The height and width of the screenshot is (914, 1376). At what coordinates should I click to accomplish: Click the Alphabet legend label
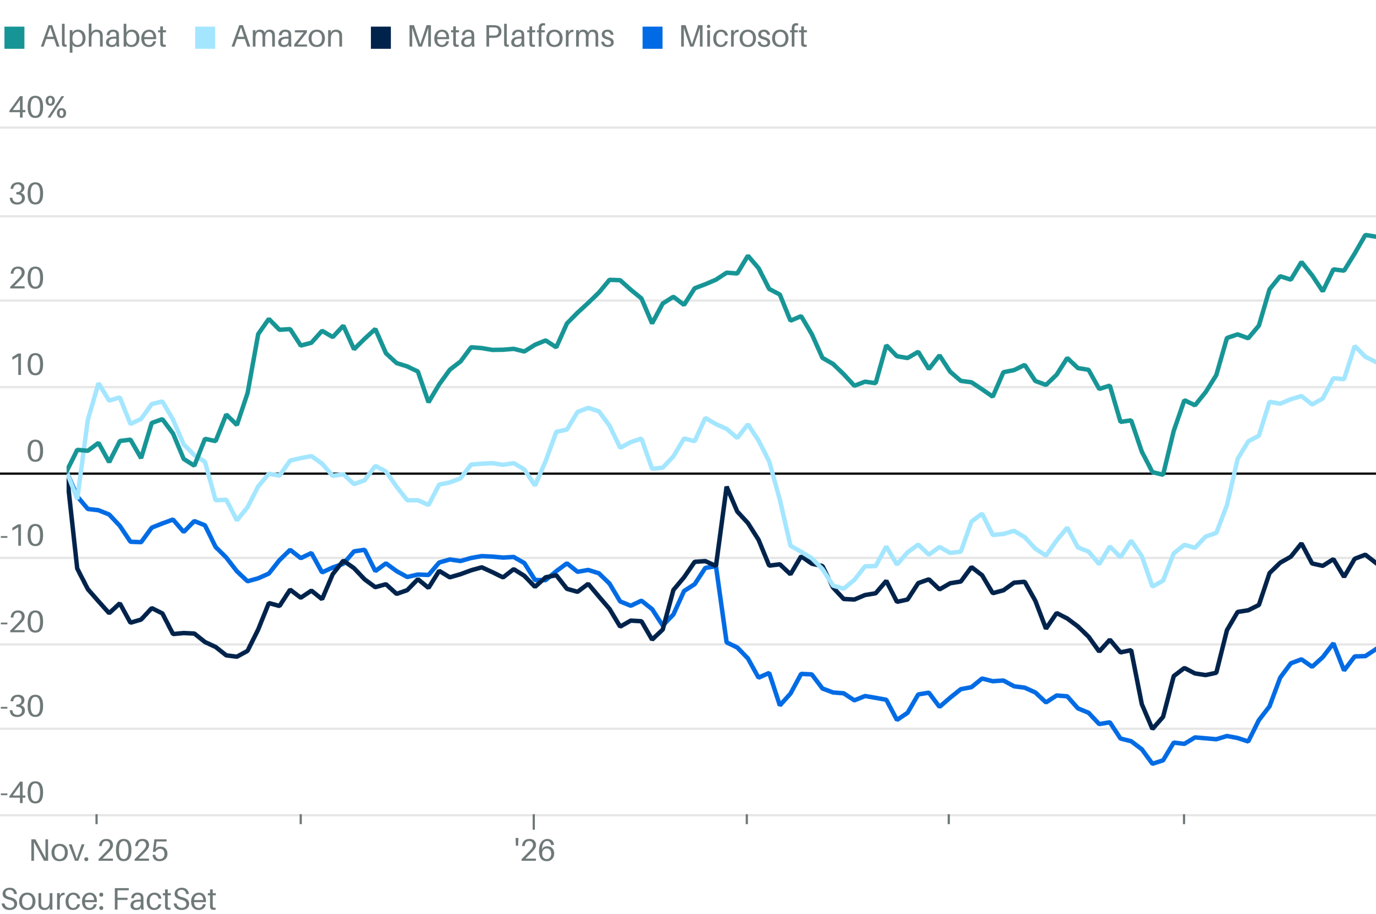point(103,37)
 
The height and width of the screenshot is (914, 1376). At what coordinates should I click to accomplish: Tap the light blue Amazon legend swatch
point(205,38)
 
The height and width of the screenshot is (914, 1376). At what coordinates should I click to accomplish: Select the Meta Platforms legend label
point(510,37)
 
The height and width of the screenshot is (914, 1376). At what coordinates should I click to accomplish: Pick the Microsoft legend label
point(742,37)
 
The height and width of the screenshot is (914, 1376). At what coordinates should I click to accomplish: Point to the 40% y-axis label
point(37,108)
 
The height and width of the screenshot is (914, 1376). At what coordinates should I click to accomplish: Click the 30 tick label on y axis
point(26,194)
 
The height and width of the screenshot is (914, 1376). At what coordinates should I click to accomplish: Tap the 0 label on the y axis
point(35,451)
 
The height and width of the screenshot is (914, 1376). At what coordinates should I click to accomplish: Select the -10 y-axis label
point(22,536)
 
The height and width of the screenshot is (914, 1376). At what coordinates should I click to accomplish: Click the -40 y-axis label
point(22,793)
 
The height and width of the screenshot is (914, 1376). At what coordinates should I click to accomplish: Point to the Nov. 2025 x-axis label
point(98,851)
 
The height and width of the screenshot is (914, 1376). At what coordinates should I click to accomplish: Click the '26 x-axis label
point(534,851)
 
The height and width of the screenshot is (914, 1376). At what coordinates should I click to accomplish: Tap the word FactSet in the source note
point(164,899)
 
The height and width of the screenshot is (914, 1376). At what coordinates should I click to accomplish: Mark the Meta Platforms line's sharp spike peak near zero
point(727,487)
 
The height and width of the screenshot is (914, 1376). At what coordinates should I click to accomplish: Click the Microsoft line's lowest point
point(1153,764)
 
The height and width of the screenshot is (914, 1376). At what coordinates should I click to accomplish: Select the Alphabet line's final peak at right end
point(1365,235)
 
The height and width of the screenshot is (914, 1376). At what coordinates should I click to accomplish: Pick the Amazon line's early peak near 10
point(98,384)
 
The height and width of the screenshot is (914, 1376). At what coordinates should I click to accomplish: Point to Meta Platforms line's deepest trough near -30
point(1153,729)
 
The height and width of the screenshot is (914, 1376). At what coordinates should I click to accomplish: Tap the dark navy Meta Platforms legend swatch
point(381,38)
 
